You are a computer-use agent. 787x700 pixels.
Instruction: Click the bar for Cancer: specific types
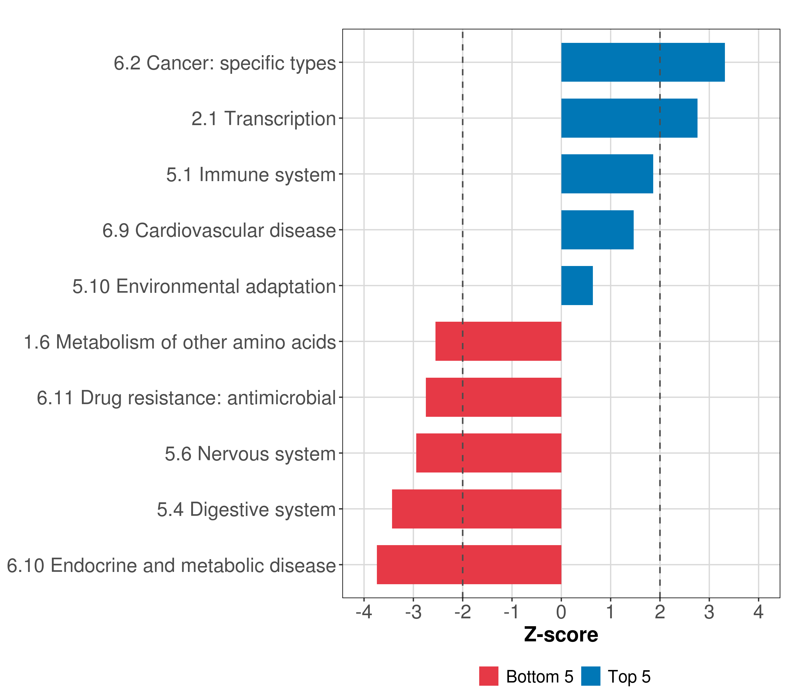(643, 62)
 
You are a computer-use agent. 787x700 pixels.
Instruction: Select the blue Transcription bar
(629, 118)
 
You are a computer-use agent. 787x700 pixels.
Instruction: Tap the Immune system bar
(607, 174)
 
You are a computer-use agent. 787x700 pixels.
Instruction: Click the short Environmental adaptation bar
(577, 286)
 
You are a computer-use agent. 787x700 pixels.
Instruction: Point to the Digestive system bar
(476, 509)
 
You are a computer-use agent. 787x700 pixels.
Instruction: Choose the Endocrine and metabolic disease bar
(469, 565)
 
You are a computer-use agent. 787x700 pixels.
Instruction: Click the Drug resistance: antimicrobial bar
(493, 397)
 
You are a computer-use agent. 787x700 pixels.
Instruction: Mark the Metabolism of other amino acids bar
(498, 341)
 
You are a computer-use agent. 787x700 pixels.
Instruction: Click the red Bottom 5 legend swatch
(489, 676)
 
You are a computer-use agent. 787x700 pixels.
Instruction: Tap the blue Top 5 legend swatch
(591, 676)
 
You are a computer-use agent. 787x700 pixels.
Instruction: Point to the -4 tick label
(363, 612)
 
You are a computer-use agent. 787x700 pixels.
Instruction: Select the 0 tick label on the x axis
(561, 612)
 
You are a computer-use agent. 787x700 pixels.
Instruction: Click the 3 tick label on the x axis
(709, 612)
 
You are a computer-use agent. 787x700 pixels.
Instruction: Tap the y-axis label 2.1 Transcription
(264, 119)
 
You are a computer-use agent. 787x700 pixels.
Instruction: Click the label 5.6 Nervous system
(250, 454)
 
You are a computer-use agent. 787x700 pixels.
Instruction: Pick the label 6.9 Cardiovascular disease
(219, 230)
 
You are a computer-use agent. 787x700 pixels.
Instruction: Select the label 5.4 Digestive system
(246, 510)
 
